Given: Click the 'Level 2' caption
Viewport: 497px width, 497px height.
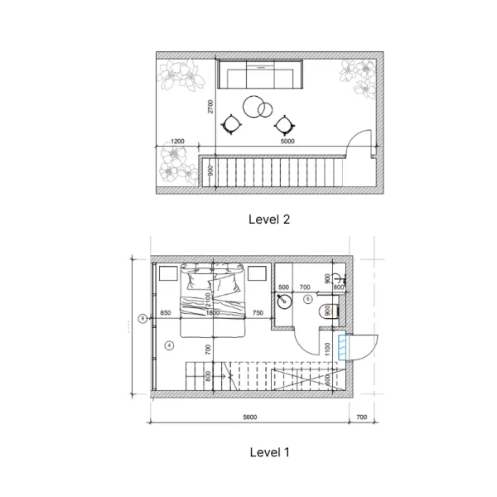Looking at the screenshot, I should coord(269,220).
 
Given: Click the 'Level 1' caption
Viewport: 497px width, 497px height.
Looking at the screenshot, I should coord(269,452).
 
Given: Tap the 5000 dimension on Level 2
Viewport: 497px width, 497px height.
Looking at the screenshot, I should coord(287,142).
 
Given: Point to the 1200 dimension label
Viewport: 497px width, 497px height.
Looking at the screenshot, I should coord(177,142).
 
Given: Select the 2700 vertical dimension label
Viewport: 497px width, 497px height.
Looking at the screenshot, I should coord(211,106).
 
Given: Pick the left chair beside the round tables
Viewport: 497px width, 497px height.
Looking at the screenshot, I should coord(232,124).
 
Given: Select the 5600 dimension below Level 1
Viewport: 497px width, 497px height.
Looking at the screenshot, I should coord(249,417).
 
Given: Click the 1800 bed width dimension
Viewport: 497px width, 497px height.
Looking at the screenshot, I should coord(213,313).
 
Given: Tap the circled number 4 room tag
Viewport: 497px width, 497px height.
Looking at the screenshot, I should coord(169,344).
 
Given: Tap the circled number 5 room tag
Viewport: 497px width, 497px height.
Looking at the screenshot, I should coord(308,297).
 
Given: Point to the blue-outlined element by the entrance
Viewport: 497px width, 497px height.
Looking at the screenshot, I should coord(341,348).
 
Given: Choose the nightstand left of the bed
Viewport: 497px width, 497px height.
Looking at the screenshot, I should coord(170,274).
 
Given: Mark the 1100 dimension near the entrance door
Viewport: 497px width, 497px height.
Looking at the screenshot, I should coord(328,349).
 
